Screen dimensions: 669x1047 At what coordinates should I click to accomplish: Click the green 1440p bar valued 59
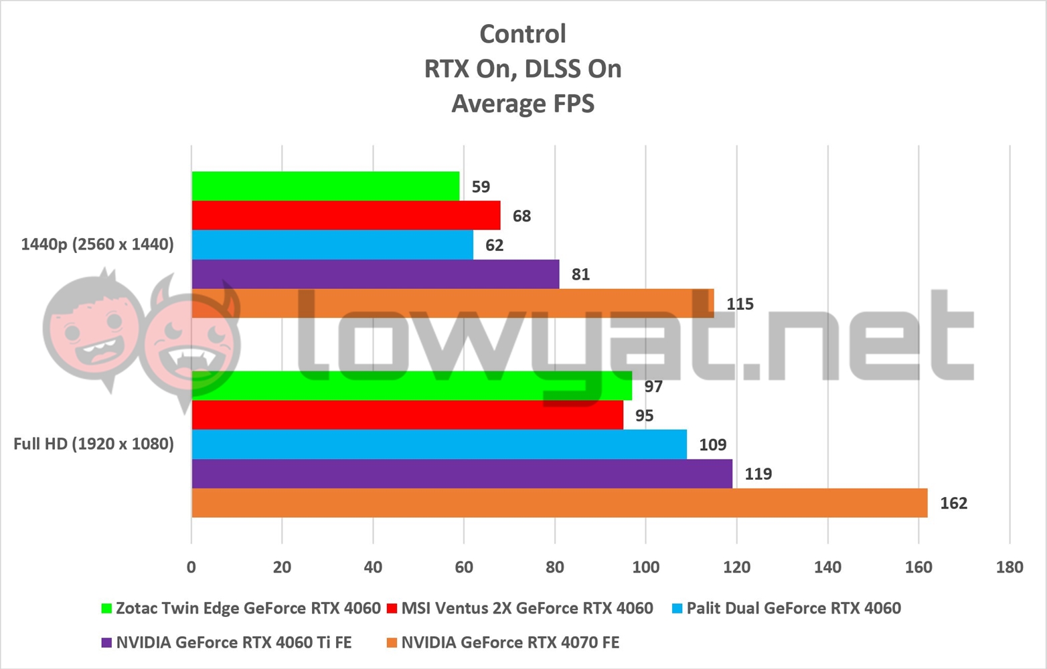pos(325,186)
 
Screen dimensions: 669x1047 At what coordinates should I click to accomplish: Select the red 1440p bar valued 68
pos(345,215)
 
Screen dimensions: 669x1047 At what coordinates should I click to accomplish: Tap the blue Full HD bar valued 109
pos(439,444)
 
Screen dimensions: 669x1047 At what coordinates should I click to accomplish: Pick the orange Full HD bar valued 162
pos(559,503)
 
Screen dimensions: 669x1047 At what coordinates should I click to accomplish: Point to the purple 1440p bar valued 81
pos(375,274)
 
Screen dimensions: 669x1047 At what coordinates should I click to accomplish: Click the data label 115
pos(740,304)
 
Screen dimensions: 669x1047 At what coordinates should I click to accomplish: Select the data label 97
pos(653,386)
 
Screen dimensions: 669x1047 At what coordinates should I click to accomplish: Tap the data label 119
pos(758,474)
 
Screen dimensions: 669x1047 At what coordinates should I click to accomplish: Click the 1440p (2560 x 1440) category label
pos(97,244)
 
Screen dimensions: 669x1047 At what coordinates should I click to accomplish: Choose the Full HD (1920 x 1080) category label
pos(94,444)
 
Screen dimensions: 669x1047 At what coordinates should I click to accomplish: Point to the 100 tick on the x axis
pos(645,567)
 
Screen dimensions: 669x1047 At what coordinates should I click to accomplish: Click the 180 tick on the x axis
pos(1009,567)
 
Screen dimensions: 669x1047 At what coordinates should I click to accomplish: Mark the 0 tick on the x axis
pos(191,567)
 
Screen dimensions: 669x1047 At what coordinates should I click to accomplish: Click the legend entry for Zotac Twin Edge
pos(248,608)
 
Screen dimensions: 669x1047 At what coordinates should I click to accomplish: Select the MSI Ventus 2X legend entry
pos(527,608)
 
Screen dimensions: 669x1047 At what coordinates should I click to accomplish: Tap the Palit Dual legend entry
pos(793,608)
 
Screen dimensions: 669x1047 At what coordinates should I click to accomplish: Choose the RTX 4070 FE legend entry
pos(510,643)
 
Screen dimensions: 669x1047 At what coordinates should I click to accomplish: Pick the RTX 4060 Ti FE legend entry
pos(234,643)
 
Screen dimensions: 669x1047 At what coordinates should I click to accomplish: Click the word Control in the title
pos(523,33)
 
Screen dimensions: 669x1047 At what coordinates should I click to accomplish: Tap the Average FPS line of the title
pos(523,104)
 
